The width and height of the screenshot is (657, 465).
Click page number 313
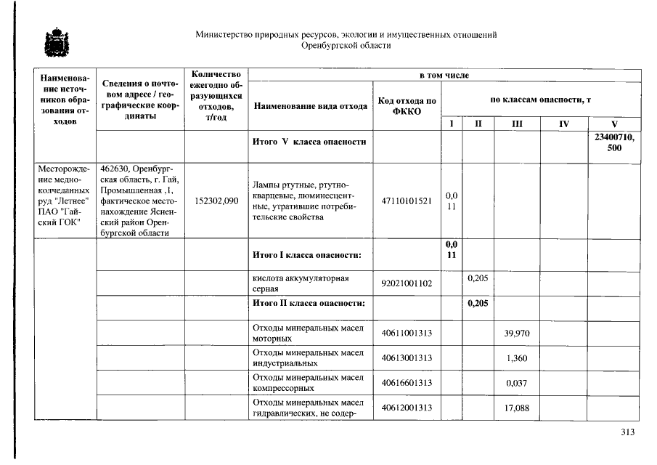tap(628, 432)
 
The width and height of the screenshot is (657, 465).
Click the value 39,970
tap(516, 333)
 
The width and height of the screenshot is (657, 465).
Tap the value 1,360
tap(516, 358)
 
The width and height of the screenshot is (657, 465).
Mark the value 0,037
tap(516, 383)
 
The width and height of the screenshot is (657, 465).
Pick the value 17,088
tap(516, 408)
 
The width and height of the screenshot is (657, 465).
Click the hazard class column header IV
tap(563, 124)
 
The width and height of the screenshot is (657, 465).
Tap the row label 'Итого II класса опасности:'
tap(309, 303)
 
